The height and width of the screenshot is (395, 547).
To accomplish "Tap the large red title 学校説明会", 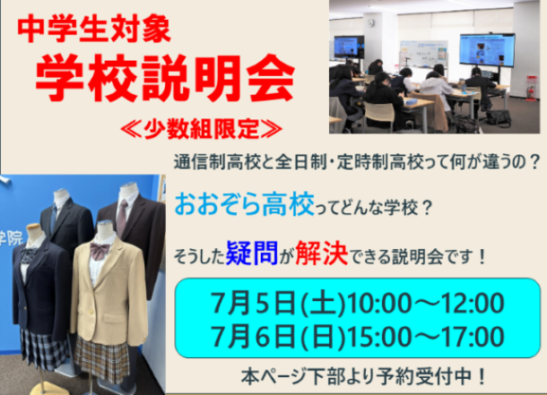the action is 165,77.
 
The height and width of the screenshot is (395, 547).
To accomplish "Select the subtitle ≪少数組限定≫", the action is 201,129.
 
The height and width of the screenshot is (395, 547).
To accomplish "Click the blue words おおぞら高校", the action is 244,204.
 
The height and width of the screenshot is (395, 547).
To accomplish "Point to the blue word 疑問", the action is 252,253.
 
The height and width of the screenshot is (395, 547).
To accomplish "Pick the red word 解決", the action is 322,253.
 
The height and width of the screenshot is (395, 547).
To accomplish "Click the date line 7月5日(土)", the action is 278,303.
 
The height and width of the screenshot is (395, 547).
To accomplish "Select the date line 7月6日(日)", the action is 278,337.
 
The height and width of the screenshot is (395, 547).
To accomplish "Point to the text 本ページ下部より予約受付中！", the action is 363,376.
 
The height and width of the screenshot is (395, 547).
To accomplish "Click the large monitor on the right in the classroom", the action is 487,50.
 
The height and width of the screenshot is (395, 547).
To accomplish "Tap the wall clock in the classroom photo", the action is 371,23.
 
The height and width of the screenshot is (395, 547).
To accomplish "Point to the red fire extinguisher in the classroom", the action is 531,89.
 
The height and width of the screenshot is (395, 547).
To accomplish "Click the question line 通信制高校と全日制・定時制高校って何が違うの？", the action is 357,162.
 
